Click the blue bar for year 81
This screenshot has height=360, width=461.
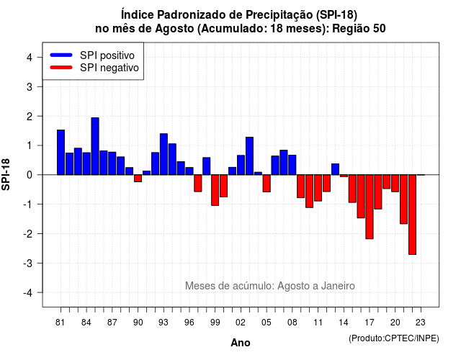[x=61, y=152]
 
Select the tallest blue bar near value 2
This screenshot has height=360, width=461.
[x=95, y=146]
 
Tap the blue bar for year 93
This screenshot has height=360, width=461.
[x=164, y=154]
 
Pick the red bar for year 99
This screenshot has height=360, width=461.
[x=215, y=190]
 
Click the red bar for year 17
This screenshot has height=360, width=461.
[x=370, y=207]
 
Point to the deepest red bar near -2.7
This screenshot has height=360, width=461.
[x=413, y=215]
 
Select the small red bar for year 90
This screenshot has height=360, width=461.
[x=138, y=179]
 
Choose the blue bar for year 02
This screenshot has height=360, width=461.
[x=241, y=165]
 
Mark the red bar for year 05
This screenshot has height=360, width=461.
[x=267, y=184]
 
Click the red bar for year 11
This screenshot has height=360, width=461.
[x=318, y=188]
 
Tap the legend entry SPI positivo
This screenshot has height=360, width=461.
[x=107, y=55]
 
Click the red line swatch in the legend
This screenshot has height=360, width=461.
[x=61, y=67]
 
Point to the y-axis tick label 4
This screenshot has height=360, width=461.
[x=30, y=58]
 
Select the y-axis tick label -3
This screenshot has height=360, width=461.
[x=27, y=263]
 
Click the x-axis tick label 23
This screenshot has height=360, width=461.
[x=421, y=323]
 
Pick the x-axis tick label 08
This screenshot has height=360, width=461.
[x=292, y=323]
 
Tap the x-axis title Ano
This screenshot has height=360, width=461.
[x=241, y=343]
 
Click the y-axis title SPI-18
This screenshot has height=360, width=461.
[x=6, y=174]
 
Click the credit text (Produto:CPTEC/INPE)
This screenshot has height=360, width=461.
[x=394, y=338]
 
